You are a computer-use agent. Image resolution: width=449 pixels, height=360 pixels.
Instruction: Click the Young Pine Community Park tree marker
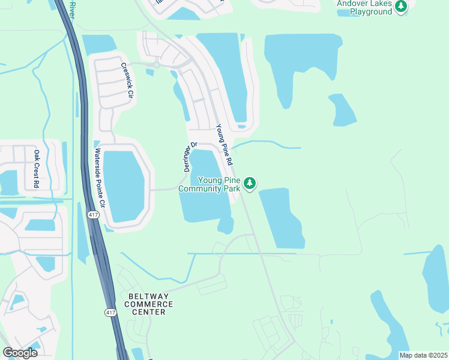250,183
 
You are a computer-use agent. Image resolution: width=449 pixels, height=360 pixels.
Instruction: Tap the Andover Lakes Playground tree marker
401,7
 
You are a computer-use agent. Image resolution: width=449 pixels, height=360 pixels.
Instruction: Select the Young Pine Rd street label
224,145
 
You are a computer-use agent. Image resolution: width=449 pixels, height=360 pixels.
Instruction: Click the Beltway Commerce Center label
151,304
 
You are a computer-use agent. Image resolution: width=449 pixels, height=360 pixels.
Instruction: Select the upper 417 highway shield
94,214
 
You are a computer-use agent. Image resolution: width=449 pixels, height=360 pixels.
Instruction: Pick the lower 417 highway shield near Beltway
110,313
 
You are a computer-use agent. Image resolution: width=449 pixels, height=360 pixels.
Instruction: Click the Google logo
20,353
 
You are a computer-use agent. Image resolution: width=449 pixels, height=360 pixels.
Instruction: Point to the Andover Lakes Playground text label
364,8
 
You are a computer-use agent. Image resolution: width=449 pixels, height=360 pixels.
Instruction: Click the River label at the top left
72,9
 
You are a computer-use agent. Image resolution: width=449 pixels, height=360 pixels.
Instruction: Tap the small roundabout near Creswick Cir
156,64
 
